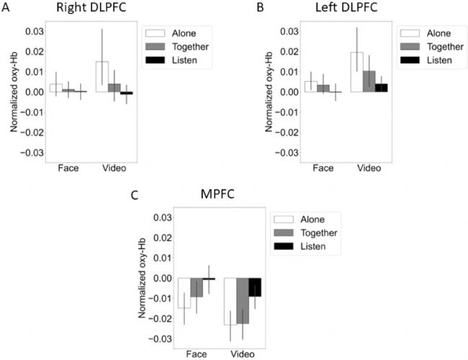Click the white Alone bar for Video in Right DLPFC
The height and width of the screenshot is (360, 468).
[102, 77]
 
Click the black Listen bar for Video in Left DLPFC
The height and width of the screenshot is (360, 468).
[382, 88]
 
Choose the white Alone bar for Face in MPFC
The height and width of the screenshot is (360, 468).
[184, 292]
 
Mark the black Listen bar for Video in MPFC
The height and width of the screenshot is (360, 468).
[255, 287]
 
